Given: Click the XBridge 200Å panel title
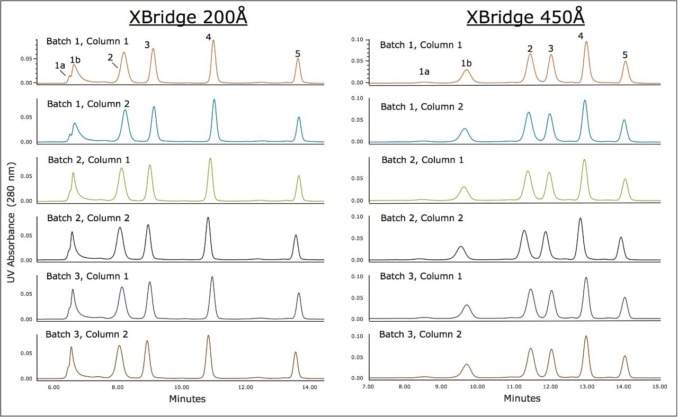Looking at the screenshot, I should [x=189, y=17].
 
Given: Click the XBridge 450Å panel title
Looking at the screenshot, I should [x=525, y=17].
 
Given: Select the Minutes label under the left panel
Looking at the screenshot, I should [x=187, y=399].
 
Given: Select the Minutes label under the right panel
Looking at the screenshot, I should [x=522, y=398].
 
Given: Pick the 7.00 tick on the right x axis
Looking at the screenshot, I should [x=368, y=387].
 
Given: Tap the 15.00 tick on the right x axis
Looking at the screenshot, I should [x=659, y=387].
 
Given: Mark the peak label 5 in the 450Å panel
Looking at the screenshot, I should [x=625, y=55].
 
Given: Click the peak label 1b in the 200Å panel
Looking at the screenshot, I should [x=75, y=59].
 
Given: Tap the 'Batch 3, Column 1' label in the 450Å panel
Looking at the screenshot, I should [x=422, y=276].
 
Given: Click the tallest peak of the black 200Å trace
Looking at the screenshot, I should [x=208, y=217].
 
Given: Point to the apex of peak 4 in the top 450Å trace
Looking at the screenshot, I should [x=586, y=42].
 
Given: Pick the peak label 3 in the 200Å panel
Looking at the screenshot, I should [x=147, y=45].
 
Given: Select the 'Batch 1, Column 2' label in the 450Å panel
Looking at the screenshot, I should [x=422, y=107].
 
